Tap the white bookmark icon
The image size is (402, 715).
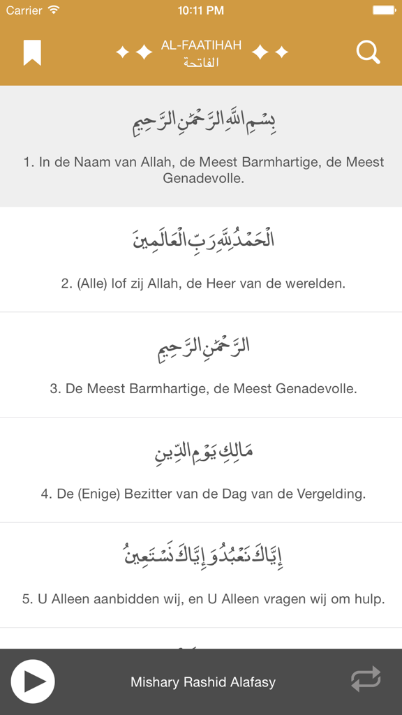32,52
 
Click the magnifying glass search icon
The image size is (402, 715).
368,52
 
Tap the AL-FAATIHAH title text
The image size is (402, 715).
201,45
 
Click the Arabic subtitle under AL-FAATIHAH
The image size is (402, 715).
201,63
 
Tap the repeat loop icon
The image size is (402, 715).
366,679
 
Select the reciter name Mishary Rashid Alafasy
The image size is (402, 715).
203,682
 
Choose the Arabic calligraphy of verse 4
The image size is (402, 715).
203,452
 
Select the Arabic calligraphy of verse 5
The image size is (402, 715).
203,556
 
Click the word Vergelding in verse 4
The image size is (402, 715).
327,494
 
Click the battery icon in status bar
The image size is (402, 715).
385,10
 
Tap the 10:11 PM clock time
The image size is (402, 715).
201,10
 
